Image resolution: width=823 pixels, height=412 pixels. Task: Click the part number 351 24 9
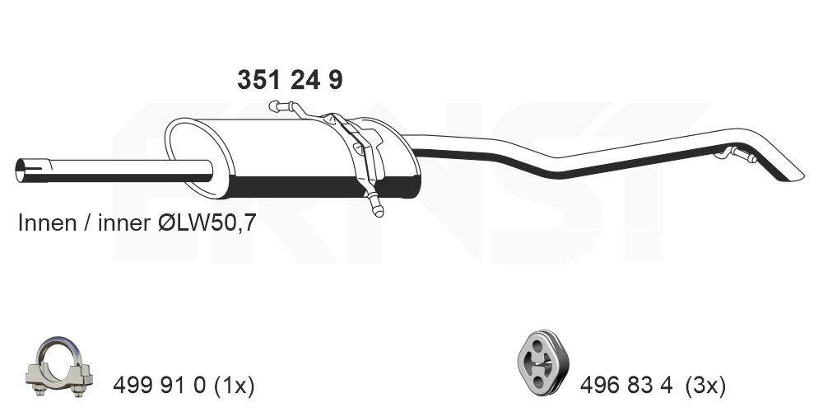[x=290, y=80]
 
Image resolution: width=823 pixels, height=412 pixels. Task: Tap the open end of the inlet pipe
[x=21, y=171]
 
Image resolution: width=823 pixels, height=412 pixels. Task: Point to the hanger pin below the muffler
[x=377, y=208]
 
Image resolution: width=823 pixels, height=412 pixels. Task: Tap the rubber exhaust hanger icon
[x=539, y=363]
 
